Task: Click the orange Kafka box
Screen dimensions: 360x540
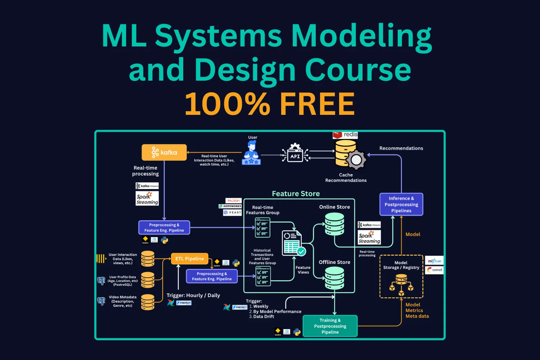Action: click(x=164, y=152)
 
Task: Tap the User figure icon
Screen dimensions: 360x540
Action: click(x=252, y=153)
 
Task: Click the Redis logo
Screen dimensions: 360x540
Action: click(x=345, y=135)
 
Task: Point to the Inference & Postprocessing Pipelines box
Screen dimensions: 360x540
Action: click(x=401, y=204)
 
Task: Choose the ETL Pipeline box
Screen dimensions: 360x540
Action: click(x=189, y=258)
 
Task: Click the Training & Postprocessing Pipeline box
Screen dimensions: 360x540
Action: click(x=330, y=326)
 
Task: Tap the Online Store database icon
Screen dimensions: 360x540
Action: click(x=334, y=224)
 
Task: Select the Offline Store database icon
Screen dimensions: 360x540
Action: click(x=334, y=278)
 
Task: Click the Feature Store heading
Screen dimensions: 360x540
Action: click(x=296, y=194)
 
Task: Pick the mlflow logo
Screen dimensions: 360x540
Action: click(x=434, y=261)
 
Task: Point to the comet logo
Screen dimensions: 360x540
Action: click(x=434, y=270)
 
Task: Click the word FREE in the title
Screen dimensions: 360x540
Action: click(x=317, y=104)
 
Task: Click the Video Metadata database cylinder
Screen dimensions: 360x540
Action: click(x=148, y=302)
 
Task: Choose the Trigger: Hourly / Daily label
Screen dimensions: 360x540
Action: click(x=193, y=295)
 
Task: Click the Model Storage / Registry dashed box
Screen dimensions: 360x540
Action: click(x=401, y=276)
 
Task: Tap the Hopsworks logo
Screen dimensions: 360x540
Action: click(x=230, y=206)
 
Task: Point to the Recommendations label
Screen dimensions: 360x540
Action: click(x=401, y=148)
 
